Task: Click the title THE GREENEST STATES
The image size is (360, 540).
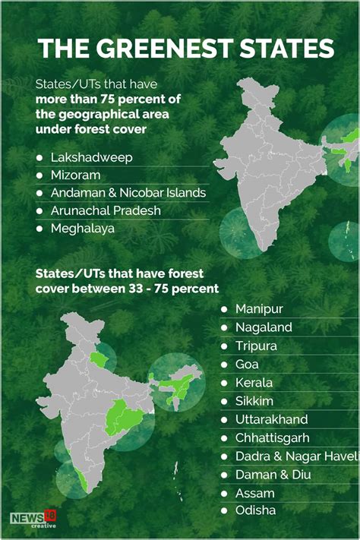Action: (x=186, y=49)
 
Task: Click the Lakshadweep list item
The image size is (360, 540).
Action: (x=91, y=157)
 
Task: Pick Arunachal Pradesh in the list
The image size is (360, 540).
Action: (x=106, y=210)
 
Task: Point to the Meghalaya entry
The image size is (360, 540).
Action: (x=82, y=228)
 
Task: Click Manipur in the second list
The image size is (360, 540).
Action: (x=259, y=309)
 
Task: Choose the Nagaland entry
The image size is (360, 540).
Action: (x=264, y=327)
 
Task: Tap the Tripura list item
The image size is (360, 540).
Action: (x=256, y=346)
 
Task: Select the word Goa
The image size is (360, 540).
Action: (x=248, y=365)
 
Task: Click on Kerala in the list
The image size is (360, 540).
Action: (x=254, y=383)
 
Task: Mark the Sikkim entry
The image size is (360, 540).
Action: (x=254, y=401)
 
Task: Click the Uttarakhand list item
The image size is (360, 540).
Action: (x=271, y=419)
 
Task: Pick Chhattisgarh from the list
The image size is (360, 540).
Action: (x=273, y=438)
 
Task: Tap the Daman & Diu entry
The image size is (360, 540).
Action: (x=273, y=475)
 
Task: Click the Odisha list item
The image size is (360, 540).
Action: (x=255, y=511)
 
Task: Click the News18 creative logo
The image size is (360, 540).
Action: (x=33, y=519)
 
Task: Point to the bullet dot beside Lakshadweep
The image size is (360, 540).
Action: (x=39, y=157)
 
